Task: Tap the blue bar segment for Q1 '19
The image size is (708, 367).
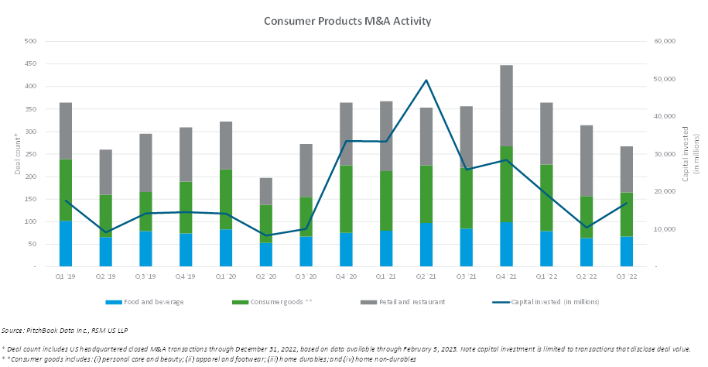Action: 66,243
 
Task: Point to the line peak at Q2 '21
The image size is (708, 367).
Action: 426,80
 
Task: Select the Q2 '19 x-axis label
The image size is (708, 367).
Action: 105,276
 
